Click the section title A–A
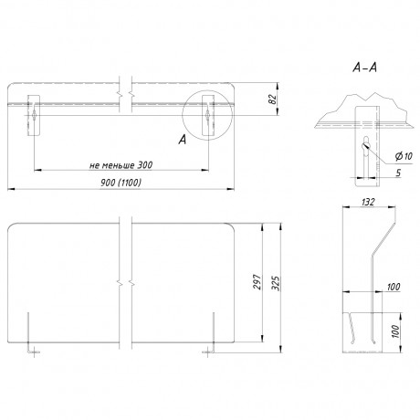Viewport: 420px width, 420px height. click(364, 68)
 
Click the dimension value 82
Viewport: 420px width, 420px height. click(273, 100)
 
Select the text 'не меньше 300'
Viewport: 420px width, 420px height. click(121, 165)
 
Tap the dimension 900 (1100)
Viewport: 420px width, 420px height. click(121, 183)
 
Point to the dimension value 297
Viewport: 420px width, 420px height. click(257, 282)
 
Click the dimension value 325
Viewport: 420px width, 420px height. click(276, 283)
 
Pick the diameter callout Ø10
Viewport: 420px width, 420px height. click(404, 156)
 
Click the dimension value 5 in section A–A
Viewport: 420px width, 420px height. click(398, 173)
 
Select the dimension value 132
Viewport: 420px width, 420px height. click(368, 202)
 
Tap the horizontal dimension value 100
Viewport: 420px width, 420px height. click(394, 287)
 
